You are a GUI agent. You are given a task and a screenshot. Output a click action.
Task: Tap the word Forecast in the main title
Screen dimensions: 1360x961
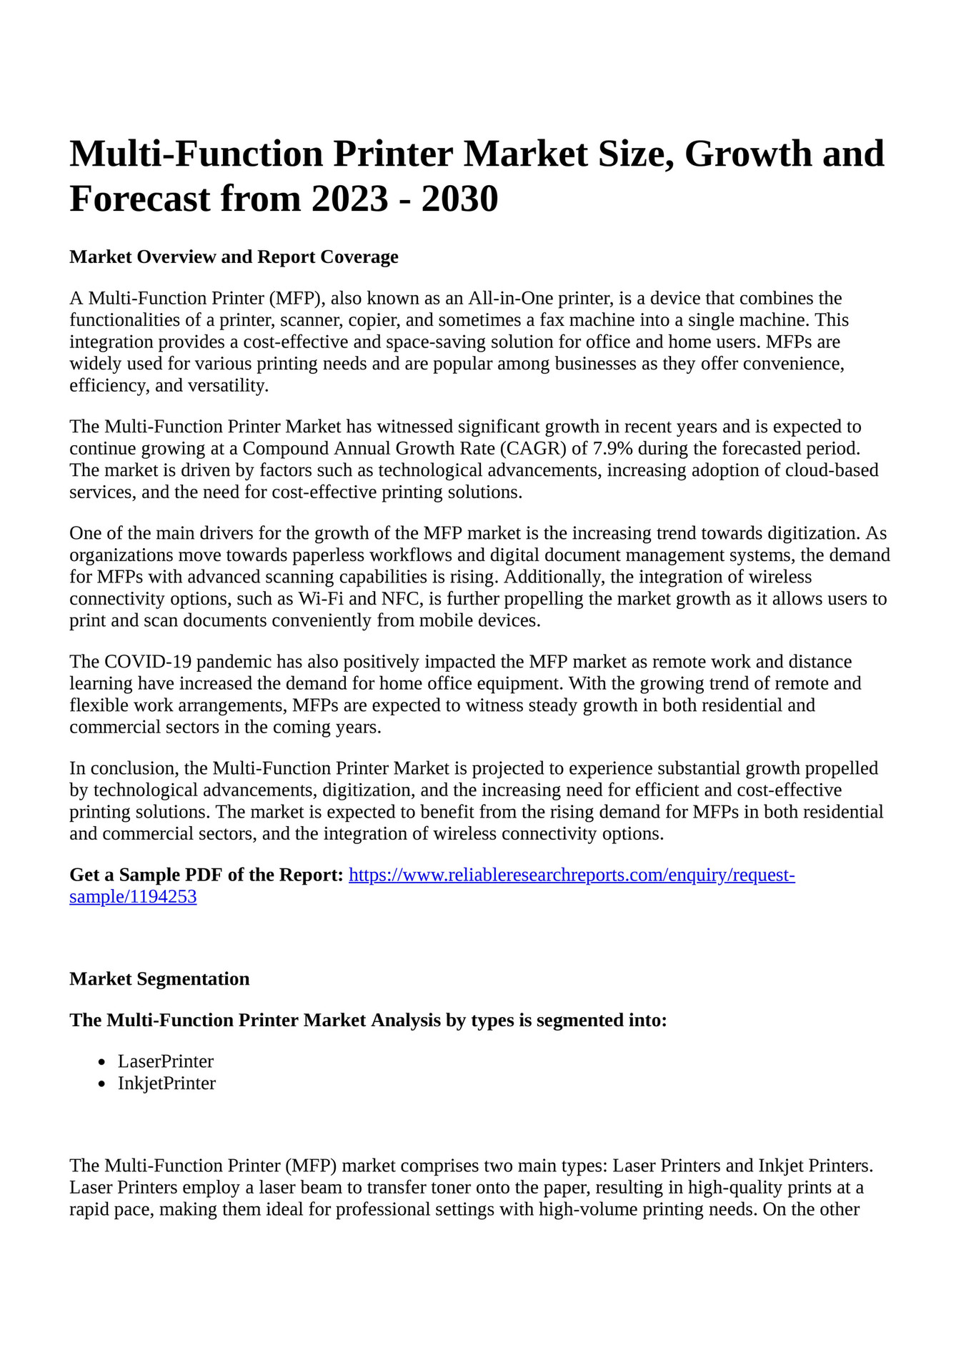click(140, 199)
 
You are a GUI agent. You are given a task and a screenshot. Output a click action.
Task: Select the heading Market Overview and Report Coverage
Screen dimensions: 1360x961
click(234, 257)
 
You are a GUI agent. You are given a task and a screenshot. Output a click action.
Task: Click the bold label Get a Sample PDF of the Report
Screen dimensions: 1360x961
click(206, 875)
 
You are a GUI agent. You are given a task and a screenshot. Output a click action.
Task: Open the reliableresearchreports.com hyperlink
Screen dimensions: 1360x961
click(572, 875)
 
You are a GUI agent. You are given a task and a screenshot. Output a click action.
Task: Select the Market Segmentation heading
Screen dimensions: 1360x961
click(159, 979)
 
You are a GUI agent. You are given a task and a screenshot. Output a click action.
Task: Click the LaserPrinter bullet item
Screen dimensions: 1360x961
click(166, 1061)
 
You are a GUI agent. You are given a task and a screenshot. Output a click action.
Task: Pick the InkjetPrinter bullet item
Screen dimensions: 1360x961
click(166, 1083)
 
